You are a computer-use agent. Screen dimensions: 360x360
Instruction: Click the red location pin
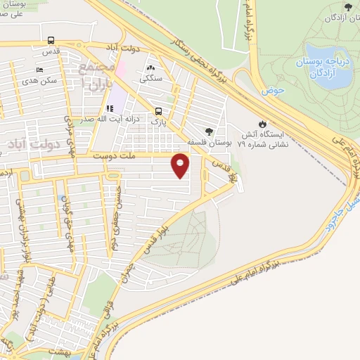pos(181,167)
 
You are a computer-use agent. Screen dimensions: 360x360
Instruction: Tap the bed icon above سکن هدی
pos(39,70)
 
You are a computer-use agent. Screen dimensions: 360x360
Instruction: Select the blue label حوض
pos(271,91)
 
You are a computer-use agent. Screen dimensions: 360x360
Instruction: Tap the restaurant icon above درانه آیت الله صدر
pos(110,108)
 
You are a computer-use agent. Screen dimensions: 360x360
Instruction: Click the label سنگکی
pos(150,78)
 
